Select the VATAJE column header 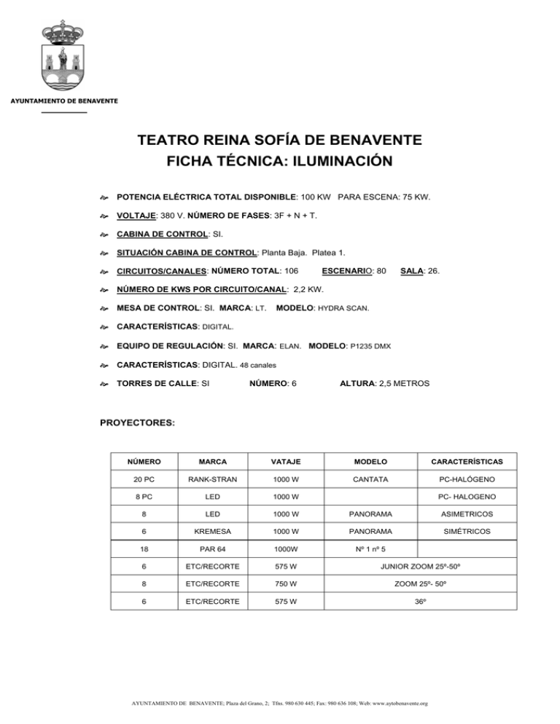pos(285,462)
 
